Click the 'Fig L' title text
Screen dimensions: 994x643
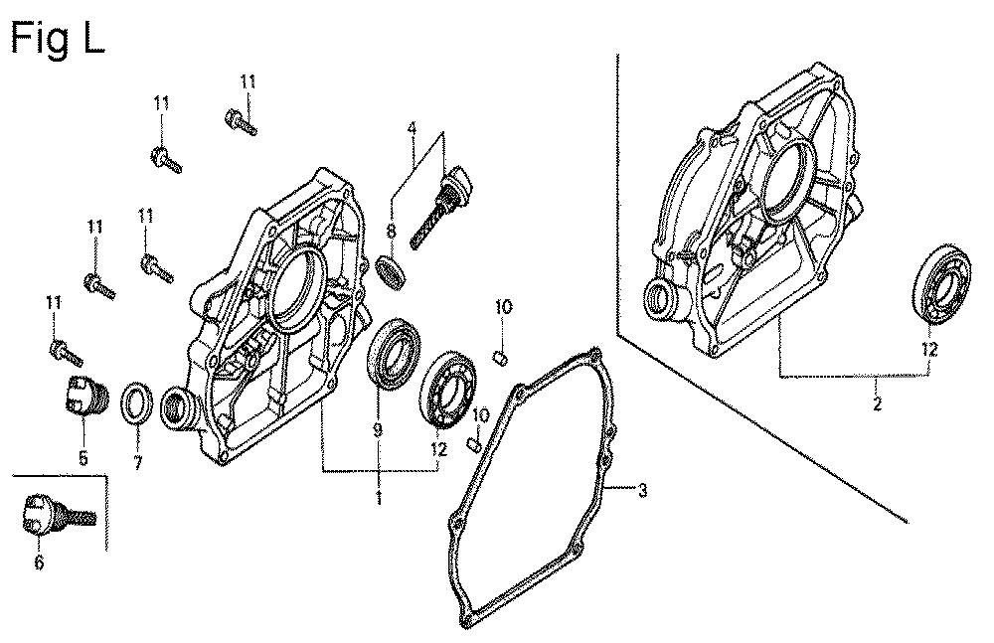58,40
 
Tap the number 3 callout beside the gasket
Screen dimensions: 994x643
642,490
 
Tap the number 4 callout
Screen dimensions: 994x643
413,128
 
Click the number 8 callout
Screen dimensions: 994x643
391,232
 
